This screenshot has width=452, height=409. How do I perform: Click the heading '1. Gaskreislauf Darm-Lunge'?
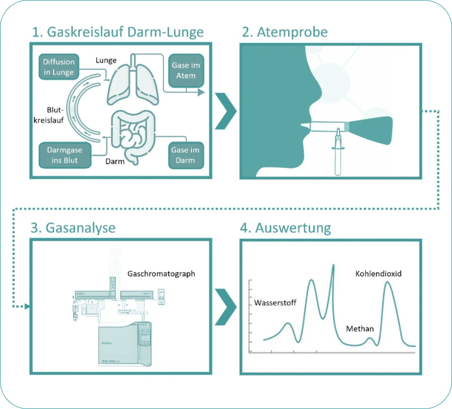point(118,32)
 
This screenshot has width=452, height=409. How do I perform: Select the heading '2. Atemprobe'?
point(285,32)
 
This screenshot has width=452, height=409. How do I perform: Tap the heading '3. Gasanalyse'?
point(73,228)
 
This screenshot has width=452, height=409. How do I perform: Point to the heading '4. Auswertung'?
point(286,228)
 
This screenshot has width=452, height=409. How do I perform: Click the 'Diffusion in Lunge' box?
point(59,67)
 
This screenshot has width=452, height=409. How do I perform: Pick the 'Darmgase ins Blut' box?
point(59,155)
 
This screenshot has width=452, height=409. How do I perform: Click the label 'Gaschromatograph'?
point(161,274)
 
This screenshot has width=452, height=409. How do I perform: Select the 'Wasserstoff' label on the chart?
point(275,303)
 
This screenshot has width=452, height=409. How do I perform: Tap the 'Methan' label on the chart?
point(360,329)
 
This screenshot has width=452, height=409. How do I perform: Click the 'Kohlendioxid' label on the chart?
point(378,274)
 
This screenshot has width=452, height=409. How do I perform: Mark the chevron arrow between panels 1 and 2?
point(226,111)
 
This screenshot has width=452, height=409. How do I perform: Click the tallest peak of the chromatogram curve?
point(333,266)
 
